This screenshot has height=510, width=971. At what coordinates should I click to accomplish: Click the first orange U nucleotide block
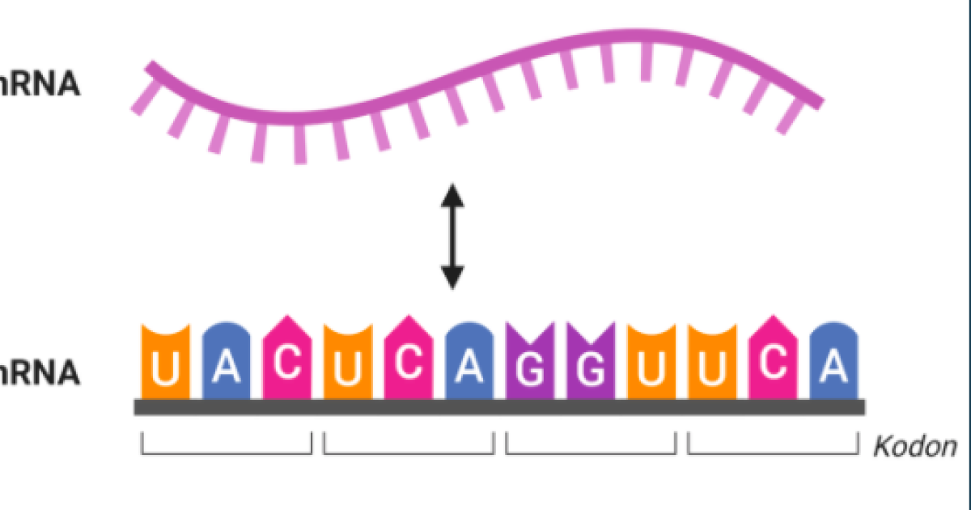click(x=166, y=363)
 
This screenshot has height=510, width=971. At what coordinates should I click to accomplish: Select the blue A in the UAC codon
click(x=227, y=363)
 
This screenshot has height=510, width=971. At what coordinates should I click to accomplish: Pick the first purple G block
click(x=530, y=363)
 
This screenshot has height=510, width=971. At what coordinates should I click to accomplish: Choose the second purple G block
click(x=591, y=363)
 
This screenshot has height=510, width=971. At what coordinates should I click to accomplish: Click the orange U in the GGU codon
click(x=651, y=363)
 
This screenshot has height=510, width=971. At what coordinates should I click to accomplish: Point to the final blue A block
click(x=833, y=363)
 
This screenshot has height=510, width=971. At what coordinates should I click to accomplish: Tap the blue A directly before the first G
click(x=469, y=363)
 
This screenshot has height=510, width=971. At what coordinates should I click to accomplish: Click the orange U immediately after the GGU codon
click(x=712, y=363)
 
